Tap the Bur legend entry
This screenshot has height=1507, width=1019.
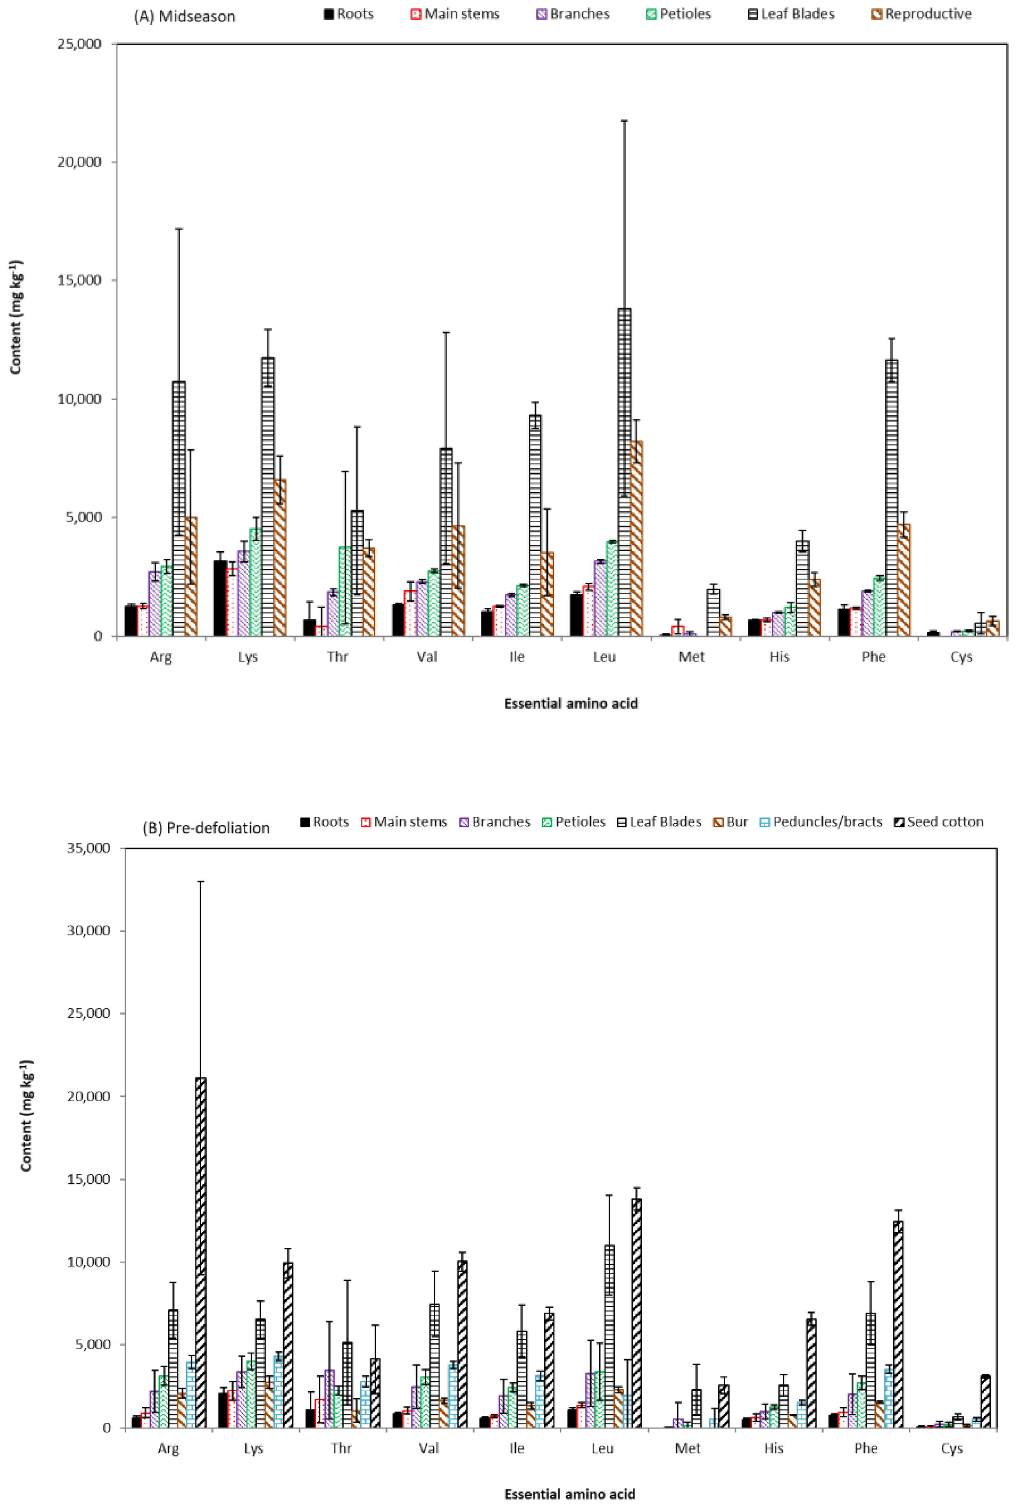pyautogui.click(x=730, y=822)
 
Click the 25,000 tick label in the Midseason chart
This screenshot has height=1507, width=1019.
pyautogui.click(x=80, y=44)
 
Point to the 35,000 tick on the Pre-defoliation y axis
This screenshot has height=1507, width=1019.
pyautogui.click(x=88, y=848)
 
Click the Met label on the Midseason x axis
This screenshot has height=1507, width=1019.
pyautogui.click(x=691, y=657)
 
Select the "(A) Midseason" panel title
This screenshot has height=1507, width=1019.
pyautogui.click(x=184, y=16)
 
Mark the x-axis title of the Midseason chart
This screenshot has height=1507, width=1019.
pyautogui.click(x=570, y=704)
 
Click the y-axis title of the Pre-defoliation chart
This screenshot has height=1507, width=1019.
pyautogui.click(x=26, y=1115)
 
